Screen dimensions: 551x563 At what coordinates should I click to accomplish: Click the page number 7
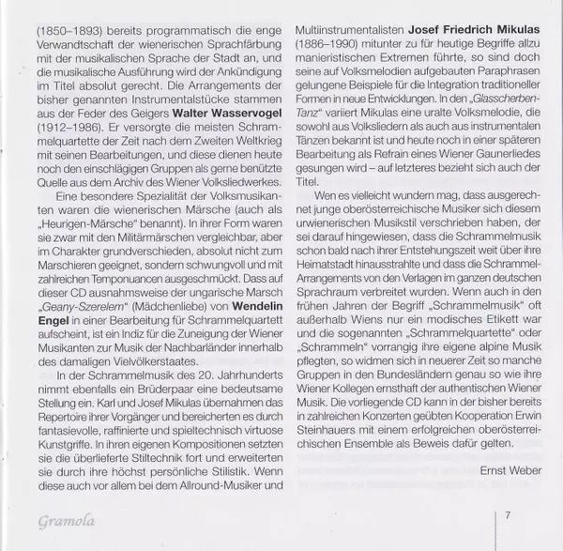[507, 514]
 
